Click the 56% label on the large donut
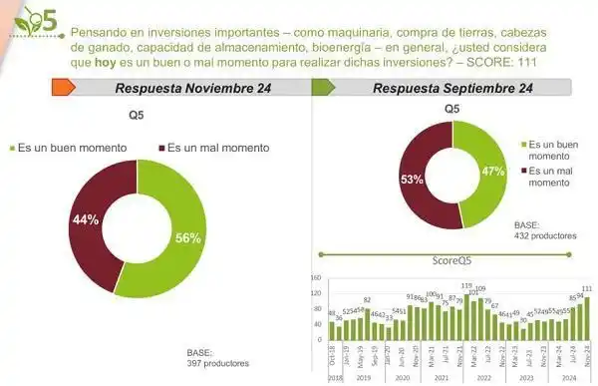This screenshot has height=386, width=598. coord(188,237)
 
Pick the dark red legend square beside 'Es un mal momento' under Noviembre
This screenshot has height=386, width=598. coord(159,148)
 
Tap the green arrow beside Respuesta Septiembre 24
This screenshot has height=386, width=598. coord(322,89)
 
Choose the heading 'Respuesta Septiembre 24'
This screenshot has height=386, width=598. coord(451,89)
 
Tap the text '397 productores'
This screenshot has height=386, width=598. coord(217,363)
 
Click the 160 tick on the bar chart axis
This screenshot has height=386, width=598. coord(316,278)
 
